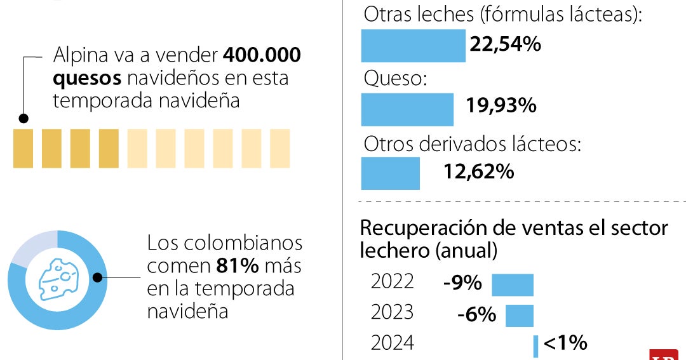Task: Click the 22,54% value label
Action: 505,44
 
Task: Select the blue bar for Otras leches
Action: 413,46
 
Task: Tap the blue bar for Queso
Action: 407,109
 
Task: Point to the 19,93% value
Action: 501,105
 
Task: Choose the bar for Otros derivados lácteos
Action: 390,173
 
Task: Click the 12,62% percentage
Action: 479,171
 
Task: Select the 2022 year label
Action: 392,281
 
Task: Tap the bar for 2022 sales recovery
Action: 513,284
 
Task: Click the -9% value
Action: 462,283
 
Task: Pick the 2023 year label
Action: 392,312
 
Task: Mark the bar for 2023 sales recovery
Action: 519,316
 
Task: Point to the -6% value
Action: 476,314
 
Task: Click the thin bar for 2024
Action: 535,346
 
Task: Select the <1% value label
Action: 565,343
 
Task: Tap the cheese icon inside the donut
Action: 57,279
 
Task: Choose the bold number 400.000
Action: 262,56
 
